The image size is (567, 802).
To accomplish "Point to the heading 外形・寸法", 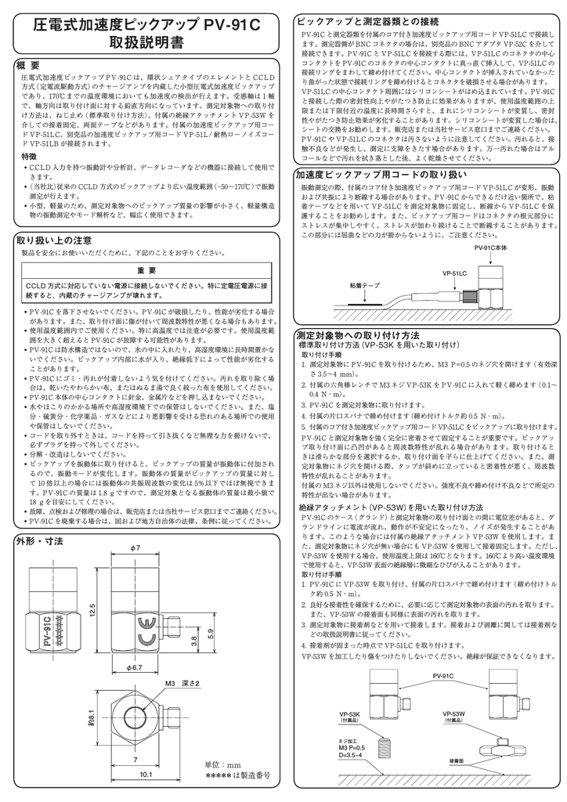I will [40, 541].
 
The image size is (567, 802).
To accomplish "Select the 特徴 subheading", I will [28, 157].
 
